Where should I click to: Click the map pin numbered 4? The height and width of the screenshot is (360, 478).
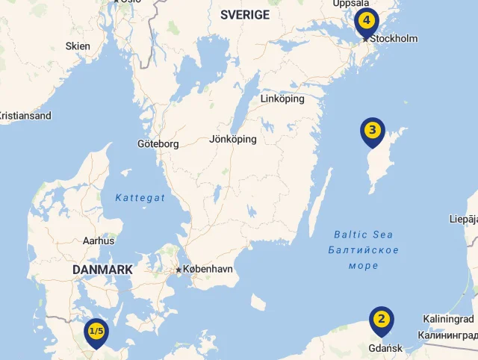point(366,21)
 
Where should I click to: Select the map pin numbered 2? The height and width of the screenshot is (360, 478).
point(382,320)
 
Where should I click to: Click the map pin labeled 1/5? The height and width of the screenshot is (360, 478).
point(96,331)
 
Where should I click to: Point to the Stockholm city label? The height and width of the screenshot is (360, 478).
point(397,38)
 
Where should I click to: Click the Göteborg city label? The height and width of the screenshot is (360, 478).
point(158,143)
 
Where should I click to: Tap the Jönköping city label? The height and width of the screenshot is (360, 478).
point(233,139)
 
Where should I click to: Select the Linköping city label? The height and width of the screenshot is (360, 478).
point(283,99)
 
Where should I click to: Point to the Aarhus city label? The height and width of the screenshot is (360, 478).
point(99,240)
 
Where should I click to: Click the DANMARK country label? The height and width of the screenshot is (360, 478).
point(102,269)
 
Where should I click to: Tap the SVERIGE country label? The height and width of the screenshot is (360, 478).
point(245,15)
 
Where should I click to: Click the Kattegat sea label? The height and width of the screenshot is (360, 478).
point(140,197)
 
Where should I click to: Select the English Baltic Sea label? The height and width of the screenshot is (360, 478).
point(363,234)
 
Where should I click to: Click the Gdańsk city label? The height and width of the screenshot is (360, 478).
point(385,348)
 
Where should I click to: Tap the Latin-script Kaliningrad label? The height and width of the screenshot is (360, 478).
point(448,319)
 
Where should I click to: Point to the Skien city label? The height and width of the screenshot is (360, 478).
point(78,46)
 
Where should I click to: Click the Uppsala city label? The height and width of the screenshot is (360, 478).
point(351,4)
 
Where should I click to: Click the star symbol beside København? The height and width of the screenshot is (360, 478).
point(179,269)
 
